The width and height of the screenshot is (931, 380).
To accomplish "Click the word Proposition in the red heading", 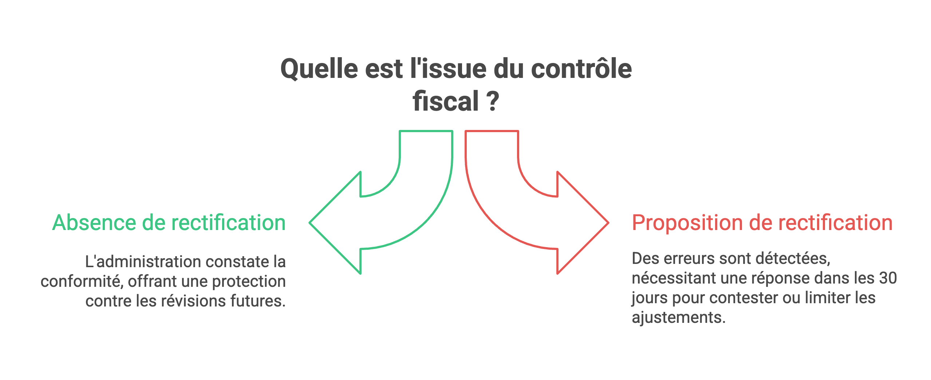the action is tap(687, 223).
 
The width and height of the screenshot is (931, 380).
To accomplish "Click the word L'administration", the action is tap(143, 262).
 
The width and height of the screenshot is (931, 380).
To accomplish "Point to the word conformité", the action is tap(82, 281).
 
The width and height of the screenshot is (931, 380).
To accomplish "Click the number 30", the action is tap(888, 278).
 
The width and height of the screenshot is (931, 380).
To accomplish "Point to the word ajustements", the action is tap(678, 318).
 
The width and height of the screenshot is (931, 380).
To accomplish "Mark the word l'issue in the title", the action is tap(448, 69).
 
